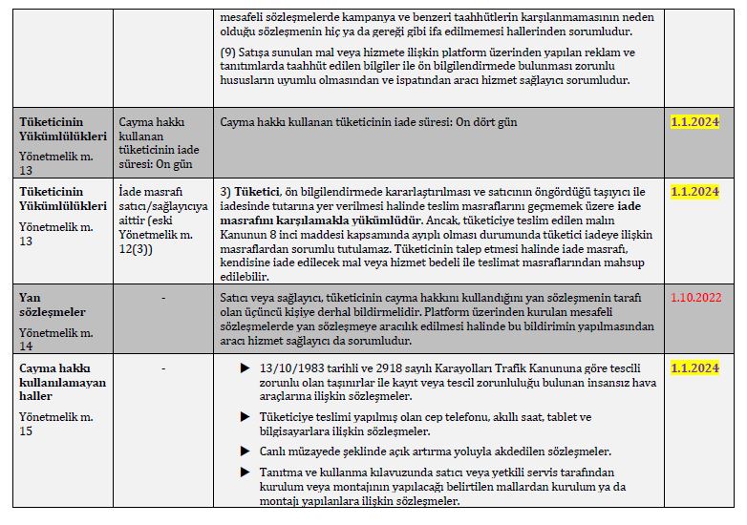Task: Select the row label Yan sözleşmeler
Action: pos(53,304)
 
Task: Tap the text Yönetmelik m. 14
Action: pos(55,339)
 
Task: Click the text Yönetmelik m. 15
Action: pos(55,425)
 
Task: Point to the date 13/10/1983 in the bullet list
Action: pos(291,368)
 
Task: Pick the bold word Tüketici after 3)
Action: pos(256,192)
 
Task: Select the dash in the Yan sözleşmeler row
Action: pos(163,298)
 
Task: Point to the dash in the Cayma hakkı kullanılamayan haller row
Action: pos(163,367)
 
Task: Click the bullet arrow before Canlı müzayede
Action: pos(245,451)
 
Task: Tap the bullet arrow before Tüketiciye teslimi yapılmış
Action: pos(245,417)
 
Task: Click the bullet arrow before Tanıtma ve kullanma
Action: pos(245,472)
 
